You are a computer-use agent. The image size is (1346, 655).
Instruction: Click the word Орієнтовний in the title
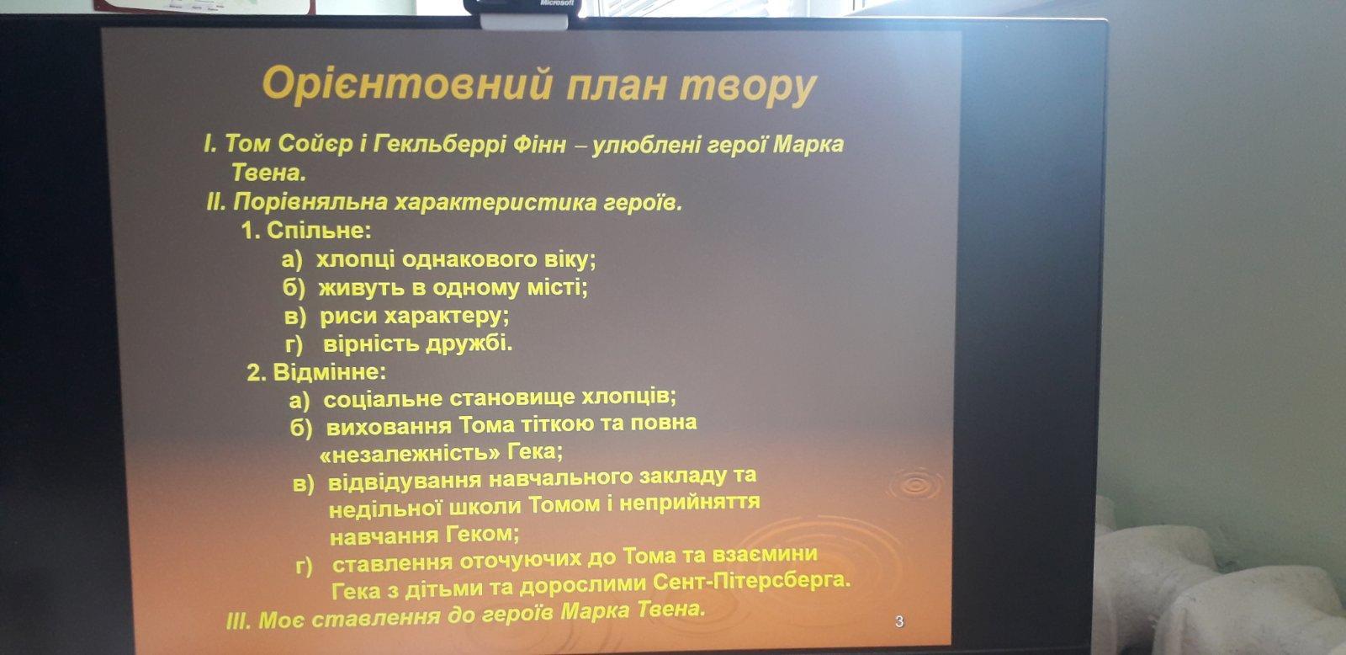pyautogui.click(x=406, y=85)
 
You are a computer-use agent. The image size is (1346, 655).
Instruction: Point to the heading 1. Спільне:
pyautogui.click(x=306, y=231)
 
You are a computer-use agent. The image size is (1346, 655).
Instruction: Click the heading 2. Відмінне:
pyautogui.click(x=316, y=372)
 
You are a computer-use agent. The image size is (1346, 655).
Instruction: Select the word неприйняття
pyautogui.click(x=690, y=503)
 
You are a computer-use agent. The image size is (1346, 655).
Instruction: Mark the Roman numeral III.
pyautogui.click(x=239, y=620)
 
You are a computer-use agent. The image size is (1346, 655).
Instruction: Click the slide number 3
pyautogui.click(x=899, y=622)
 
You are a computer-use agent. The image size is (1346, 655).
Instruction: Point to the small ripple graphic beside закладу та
pyautogui.click(x=914, y=485)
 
